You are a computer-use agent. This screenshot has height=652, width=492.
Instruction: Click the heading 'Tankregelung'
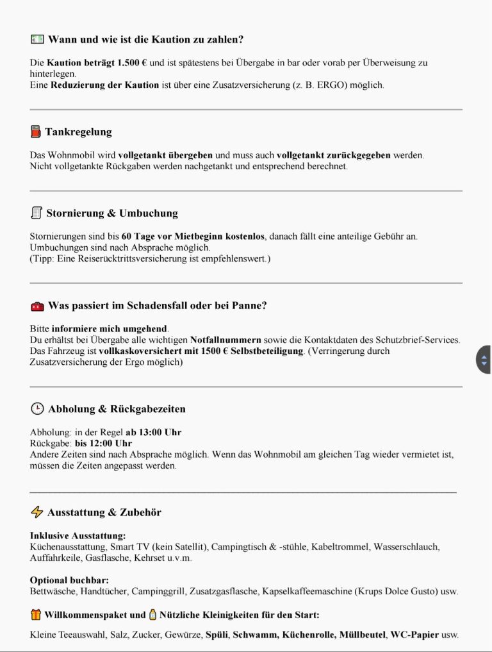pyautogui.click(x=78, y=132)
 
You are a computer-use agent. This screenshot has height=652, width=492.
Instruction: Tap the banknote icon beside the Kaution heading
pyautogui.click(x=37, y=39)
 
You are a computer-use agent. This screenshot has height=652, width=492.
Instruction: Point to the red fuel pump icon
pyautogui.click(x=36, y=132)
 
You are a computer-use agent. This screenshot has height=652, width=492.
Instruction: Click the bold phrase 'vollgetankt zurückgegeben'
pyautogui.click(x=333, y=155)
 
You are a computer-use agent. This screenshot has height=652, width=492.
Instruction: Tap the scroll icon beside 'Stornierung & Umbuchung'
pyautogui.click(x=37, y=213)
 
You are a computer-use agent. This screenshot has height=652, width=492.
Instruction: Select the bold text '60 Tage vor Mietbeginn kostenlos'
pyautogui.click(x=193, y=236)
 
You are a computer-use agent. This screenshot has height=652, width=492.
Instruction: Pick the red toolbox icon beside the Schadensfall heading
pyautogui.click(x=37, y=306)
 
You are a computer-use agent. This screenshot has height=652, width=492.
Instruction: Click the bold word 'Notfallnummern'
pyautogui.click(x=225, y=340)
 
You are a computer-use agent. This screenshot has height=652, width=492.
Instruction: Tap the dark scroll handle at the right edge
pyautogui.click(x=484, y=360)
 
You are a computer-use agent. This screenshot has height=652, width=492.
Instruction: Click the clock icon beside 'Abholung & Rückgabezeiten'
pyautogui.click(x=37, y=409)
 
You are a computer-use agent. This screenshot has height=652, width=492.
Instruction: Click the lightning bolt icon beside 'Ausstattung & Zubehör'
pyautogui.click(x=37, y=512)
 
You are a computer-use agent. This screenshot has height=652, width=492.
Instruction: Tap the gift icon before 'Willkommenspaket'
pyautogui.click(x=36, y=615)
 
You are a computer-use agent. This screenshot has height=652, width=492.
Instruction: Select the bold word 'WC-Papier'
pyautogui.click(x=414, y=635)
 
